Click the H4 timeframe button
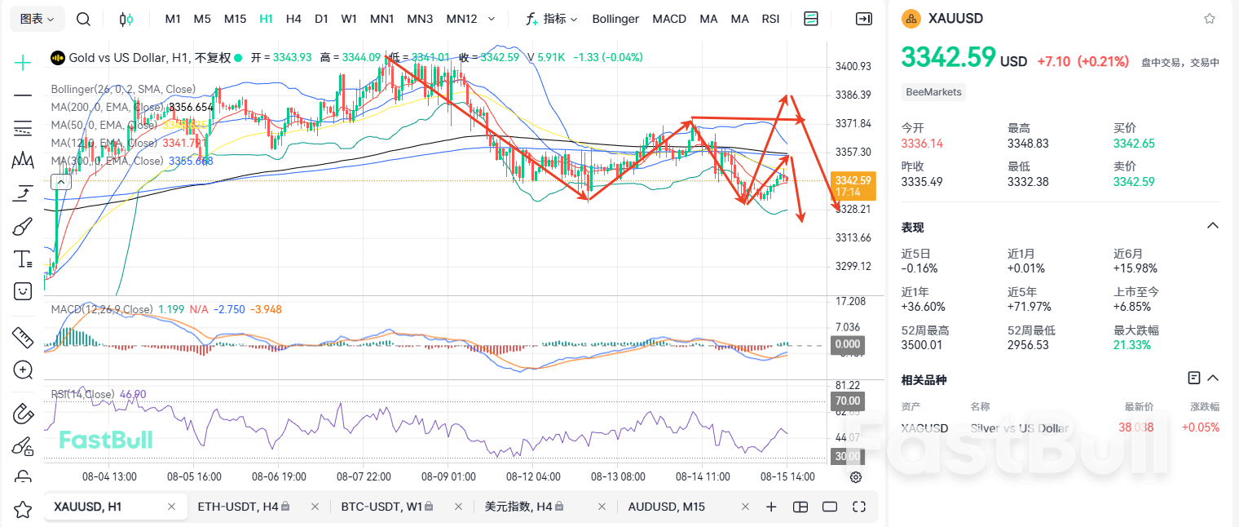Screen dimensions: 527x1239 pyautogui.click(x=293, y=19)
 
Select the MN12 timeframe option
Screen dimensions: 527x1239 pyautogui.click(x=462, y=19)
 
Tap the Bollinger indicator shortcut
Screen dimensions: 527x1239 pyautogui.click(x=615, y=19)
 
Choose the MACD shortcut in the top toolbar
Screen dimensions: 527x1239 pyautogui.click(x=669, y=19)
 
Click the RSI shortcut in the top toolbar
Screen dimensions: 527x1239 pyautogui.click(x=770, y=19)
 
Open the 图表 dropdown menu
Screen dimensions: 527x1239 pyautogui.click(x=37, y=19)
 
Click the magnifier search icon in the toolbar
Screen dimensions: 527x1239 pyautogui.click(x=83, y=19)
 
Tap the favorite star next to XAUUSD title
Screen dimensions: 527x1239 pyautogui.click(x=1210, y=18)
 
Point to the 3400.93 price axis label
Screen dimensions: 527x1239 pyautogui.click(x=853, y=66)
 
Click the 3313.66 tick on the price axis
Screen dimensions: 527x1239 pyautogui.click(x=853, y=237)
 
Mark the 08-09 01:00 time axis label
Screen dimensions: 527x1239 pyautogui.click(x=448, y=476)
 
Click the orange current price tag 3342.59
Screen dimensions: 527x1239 pyautogui.click(x=853, y=181)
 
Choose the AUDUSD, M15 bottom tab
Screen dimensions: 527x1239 pyautogui.click(x=666, y=507)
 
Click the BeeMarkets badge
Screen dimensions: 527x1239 pyautogui.click(x=934, y=92)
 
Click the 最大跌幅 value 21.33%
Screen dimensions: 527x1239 pyautogui.click(x=1132, y=345)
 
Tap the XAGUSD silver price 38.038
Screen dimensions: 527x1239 pyautogui.click(x=1135, y=427)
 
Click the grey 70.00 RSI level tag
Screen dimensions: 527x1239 pyautogui.click(x=846, y=401)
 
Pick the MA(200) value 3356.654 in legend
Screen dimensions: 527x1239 pyautogui.click(x=191, y=107)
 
